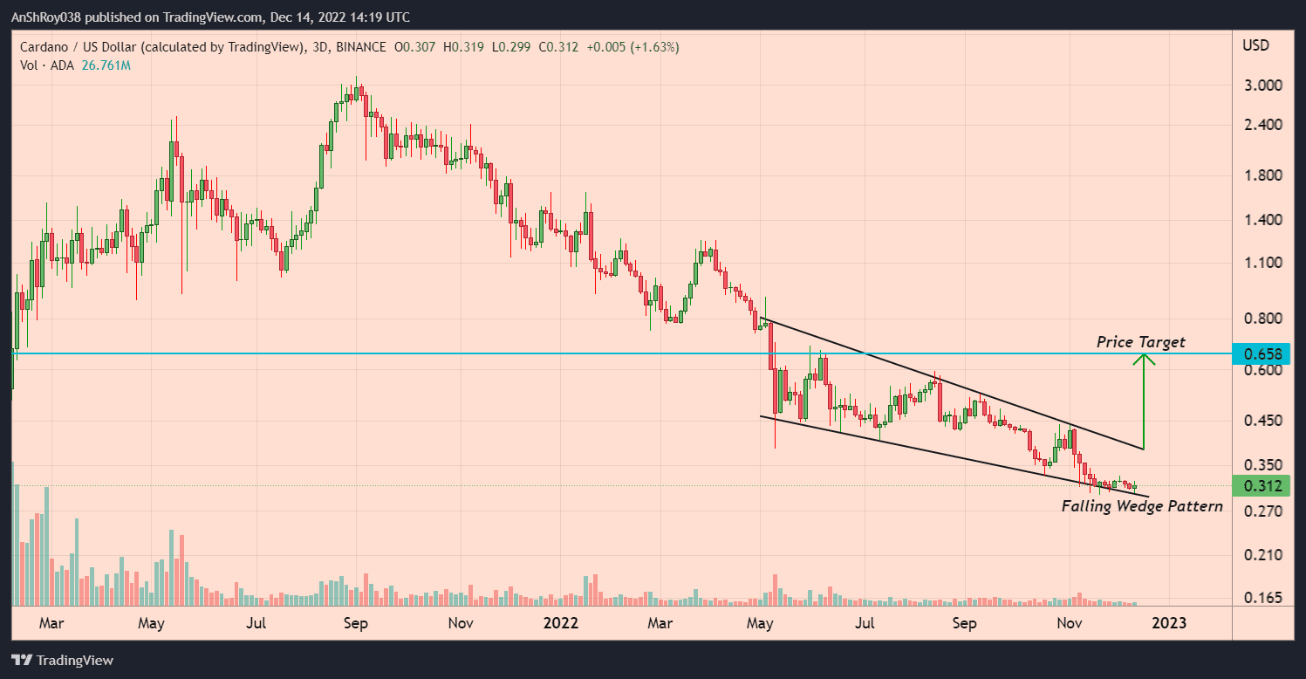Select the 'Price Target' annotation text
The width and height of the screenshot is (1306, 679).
click(x=1140, y=342)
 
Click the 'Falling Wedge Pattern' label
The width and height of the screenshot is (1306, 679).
click(x=1142, y=506)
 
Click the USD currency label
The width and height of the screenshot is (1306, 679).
click(x=1255, y=45)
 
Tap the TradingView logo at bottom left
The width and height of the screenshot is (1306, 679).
click(x=62, y=661)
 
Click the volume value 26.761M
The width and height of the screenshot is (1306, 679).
click(x=106, y=65)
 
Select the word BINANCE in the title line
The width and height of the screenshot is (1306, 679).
click(x=365, y=47)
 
